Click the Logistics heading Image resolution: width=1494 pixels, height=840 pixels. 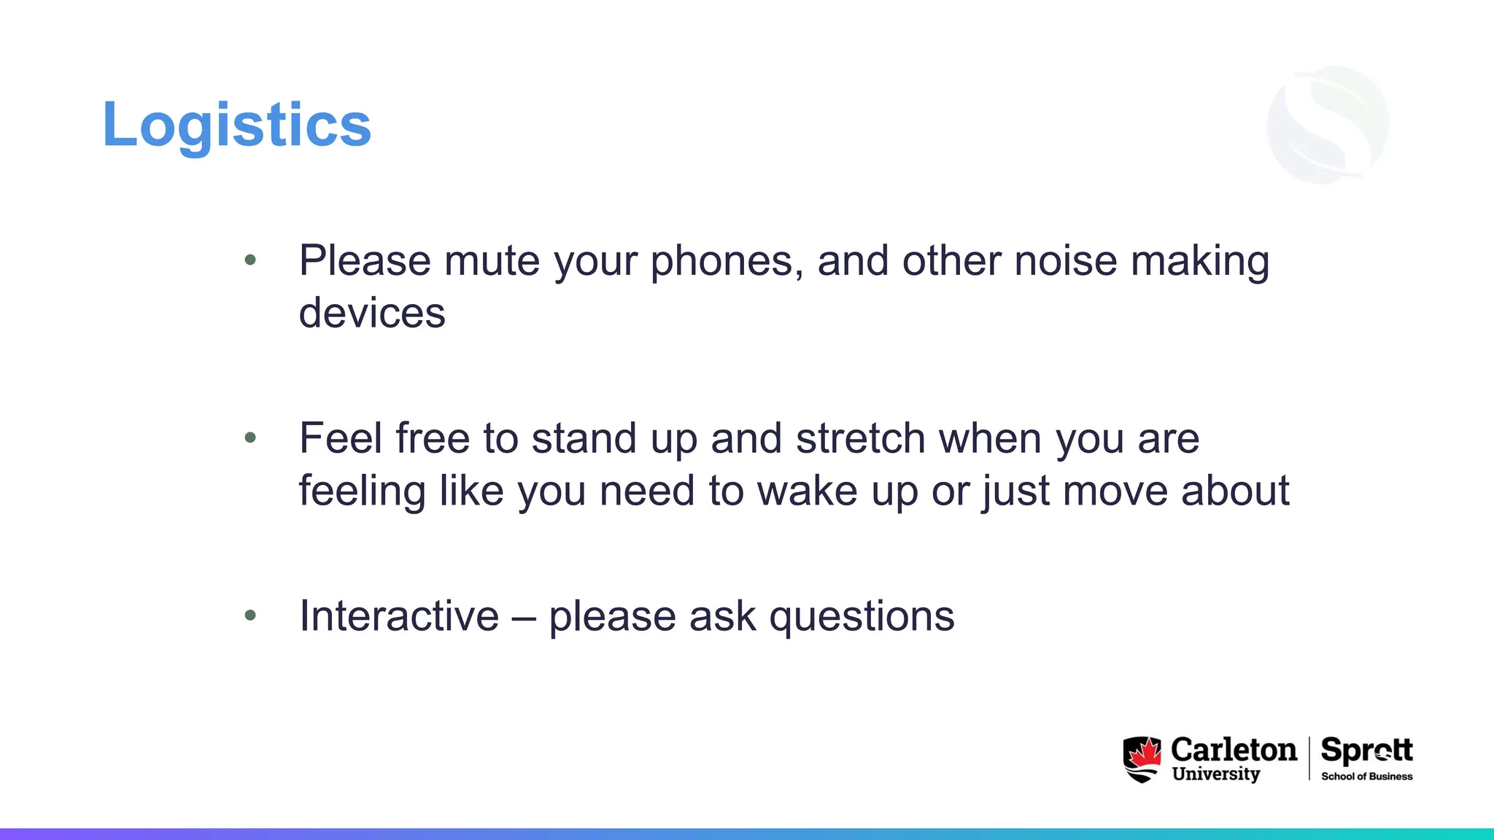click(237, 125)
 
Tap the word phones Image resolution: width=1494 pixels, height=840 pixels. click(721, 261)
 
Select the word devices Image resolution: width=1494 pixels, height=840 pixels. click(372, 314)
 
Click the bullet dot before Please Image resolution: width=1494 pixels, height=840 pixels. click(250, 260)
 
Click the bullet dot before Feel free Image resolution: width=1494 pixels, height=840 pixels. click(250, 437)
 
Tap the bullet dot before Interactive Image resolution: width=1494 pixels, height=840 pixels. click(250, 615)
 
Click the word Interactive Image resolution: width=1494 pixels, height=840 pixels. click(399, 616)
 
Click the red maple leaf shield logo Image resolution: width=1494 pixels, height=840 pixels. click(1142, 759)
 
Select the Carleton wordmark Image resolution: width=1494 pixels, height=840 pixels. click(1234, 750)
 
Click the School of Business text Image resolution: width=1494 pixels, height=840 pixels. click(1366, 777)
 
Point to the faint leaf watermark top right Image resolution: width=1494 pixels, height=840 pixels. click(1328, 124)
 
